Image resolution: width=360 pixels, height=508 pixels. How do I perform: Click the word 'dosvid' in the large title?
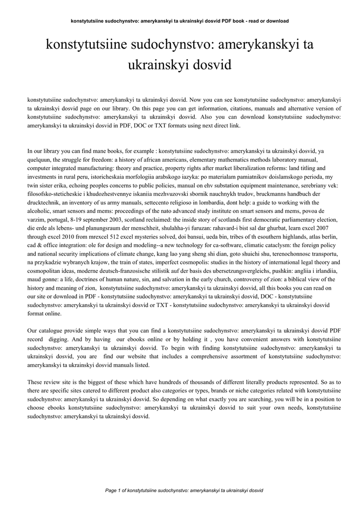pyautogui.click(x=214, y=65)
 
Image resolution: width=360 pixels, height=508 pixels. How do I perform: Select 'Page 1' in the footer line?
pyautogui.click(x=114, y=490)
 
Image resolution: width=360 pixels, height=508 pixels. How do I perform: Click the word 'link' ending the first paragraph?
pyautogui.click(x=234, y=126)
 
